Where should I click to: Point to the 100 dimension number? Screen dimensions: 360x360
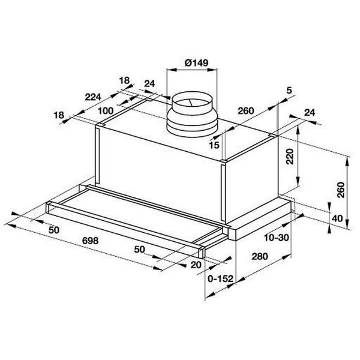(x=106, y=110)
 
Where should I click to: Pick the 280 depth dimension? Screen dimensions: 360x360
(x=260, y=257)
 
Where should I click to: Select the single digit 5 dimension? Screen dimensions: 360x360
(x=289, y=90)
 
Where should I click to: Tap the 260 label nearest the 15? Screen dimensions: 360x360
(x=244, y=110)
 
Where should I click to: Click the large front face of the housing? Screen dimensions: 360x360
(x=159, y=162)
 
